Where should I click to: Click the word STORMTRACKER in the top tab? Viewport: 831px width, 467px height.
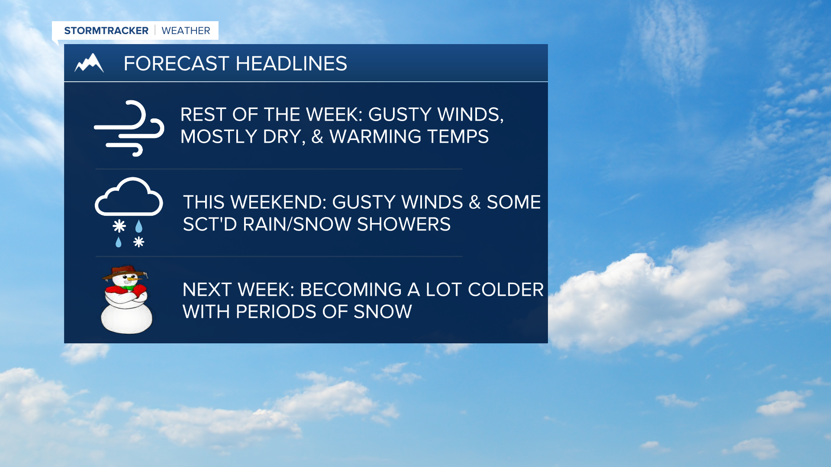106,31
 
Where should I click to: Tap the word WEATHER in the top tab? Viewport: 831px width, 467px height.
186,31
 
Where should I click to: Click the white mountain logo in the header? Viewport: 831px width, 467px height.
89,63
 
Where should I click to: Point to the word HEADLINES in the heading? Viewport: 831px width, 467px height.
291,64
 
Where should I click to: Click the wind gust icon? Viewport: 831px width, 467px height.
129,128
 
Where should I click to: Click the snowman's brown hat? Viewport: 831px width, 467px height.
125,272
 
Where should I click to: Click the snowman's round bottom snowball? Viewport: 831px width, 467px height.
126,318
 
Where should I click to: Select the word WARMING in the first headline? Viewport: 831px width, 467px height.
375,137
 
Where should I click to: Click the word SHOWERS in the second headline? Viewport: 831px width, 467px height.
404,224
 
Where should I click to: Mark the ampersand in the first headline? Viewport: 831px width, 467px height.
317,137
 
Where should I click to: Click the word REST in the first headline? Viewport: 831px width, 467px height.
203,115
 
